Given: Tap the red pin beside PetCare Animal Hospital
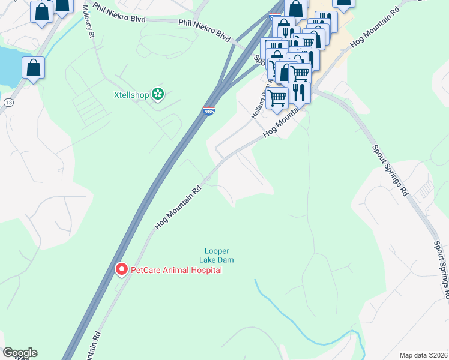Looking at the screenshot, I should (x=121, y=269).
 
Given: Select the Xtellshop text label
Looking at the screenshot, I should (x=131, y=94).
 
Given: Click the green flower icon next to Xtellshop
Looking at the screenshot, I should (x=158, y=94).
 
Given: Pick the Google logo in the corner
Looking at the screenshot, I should (x=20, y=353).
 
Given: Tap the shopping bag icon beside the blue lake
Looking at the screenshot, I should (x=34, y=68).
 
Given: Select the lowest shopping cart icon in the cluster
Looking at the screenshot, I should (x=277, y=97).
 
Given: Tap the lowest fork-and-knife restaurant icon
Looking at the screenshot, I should (x=298, y=93).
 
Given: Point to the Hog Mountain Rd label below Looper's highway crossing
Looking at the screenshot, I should (x=178, y=206).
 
